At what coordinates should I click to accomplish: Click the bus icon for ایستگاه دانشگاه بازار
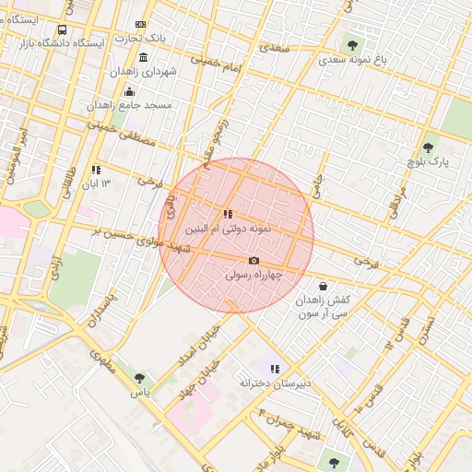pyautogui.click(x=62, y=30)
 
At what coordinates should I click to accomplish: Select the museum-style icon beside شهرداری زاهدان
pyautogui.click(x=143, y=57)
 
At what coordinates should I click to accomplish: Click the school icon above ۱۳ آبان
pyautogui.click(x=96, y=170)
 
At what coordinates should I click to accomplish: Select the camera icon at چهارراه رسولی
pyautogui.click(x=254, y=261)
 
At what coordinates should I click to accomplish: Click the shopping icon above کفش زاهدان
pyautogui.click(x=323, y=286)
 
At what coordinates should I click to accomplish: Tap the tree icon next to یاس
pyautogui.click(x=139, y=378)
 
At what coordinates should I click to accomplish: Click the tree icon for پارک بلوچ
pyautogui.click(x=427, y=147)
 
